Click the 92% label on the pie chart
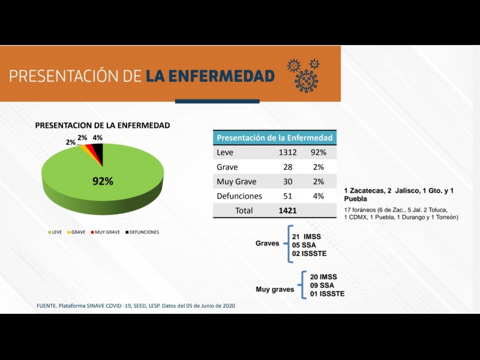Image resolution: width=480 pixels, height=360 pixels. [103, 181]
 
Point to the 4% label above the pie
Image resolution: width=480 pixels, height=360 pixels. [98, 138]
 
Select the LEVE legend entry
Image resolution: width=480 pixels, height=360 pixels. [56, 232]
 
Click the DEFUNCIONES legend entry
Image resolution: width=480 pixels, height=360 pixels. [142, 232]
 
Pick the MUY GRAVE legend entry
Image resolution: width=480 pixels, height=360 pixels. [106, 232]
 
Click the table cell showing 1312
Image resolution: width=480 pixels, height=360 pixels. [287, 152]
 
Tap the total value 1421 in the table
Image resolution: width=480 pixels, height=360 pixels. [289, 211]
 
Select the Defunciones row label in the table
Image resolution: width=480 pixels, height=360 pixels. [239, 196]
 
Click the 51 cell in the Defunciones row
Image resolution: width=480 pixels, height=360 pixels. [288, 196]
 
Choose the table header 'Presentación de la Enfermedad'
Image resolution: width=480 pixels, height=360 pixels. [274, 137]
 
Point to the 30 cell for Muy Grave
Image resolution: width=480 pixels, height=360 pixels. [288, 182]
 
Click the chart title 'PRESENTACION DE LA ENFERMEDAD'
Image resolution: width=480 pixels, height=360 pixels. [103, 125]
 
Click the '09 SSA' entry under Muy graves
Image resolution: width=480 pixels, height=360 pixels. [323, 285]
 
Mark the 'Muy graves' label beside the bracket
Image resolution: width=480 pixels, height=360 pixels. [275, 289]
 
